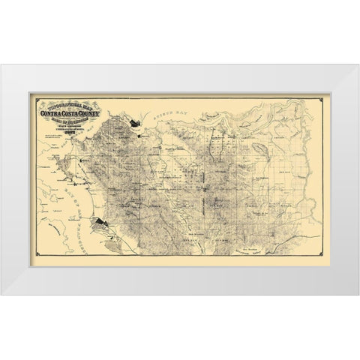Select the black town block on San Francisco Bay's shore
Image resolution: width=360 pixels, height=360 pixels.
coord(102,222)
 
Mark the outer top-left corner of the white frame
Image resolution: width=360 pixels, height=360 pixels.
coord(1,65)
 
